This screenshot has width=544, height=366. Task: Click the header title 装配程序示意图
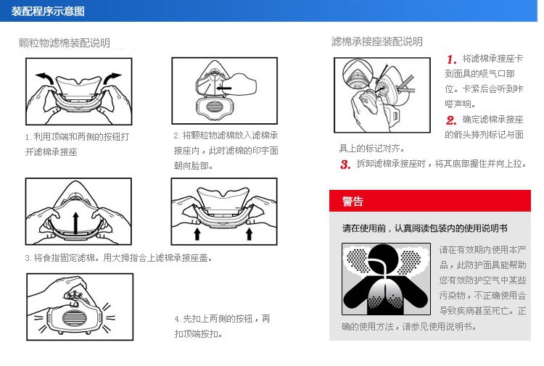(x=48, y=11)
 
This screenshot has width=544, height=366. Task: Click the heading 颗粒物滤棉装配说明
(x=64, y=43)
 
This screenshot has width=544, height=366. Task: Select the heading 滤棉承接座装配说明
(x=376, y=41)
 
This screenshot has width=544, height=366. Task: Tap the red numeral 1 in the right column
(x=451, y=59)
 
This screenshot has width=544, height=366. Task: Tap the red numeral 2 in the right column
(x=451, y=120)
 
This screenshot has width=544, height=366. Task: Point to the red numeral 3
(x=345, y=165)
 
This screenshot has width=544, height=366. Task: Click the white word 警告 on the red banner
(x=353, y=201)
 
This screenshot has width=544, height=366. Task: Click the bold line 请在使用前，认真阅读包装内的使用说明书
(x=424, y=228)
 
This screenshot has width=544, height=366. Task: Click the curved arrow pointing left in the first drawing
(x=46, y=78)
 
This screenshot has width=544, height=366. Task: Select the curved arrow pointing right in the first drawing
(x=112, y=78)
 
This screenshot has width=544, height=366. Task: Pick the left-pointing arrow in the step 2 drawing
(x=224, y=88)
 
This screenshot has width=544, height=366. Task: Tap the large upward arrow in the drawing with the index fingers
(x=76, y=222)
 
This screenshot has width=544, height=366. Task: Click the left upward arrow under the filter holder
(x=197, y=234)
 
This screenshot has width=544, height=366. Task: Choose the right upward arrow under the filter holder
(x=249, y=234)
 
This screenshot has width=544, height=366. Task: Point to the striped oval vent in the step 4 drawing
(x=73, y=318)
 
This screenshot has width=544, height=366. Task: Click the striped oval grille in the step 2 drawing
(x=215, y=106)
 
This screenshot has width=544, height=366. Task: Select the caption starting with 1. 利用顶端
(x=77, y=144)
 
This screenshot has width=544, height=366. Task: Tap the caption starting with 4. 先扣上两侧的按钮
(x=223, y=326)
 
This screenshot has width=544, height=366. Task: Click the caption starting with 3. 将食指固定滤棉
(x=119, y=258)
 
